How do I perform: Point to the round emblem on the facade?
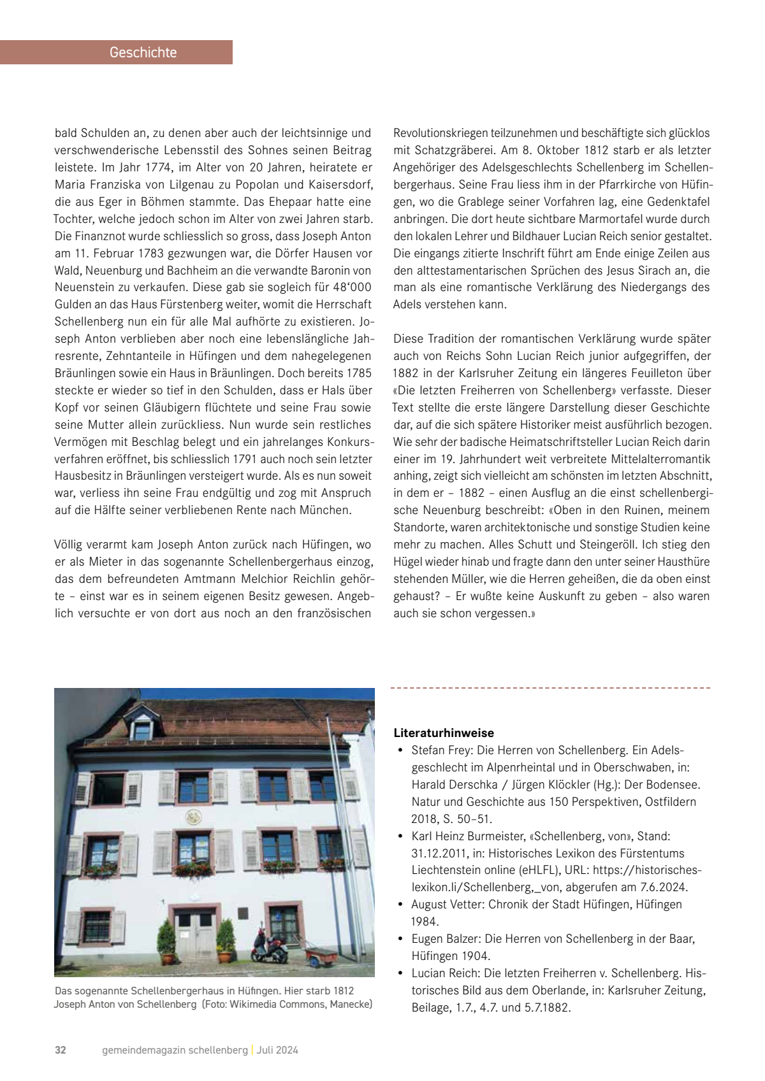(193, 817)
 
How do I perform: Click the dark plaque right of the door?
(243, 913)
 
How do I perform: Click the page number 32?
(61, 1050)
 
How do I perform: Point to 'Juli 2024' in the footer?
(277, 1050)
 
